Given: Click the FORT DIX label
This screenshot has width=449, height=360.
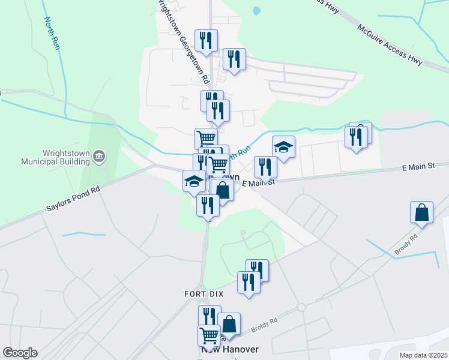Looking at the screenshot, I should point(200,294).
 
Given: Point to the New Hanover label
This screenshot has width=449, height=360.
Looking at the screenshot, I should point(230,349).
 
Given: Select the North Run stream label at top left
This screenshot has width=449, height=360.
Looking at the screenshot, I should point(53,33).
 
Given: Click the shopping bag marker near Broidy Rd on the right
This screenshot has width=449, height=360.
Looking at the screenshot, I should point(422,213).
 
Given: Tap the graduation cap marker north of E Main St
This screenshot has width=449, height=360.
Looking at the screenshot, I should point(283,146).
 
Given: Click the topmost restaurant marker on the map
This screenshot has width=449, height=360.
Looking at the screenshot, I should point(206,40).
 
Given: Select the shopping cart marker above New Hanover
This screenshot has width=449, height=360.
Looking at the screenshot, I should point(209,335).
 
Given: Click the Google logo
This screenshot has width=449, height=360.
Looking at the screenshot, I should point(20,352).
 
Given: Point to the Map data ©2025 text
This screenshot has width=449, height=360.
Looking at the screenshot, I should point(423,355).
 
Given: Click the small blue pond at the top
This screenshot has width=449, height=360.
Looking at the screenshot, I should point(257,11).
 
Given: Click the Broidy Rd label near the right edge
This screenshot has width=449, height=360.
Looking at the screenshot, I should point(405,243).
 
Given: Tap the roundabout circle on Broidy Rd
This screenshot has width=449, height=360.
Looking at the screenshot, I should point(301,307).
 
